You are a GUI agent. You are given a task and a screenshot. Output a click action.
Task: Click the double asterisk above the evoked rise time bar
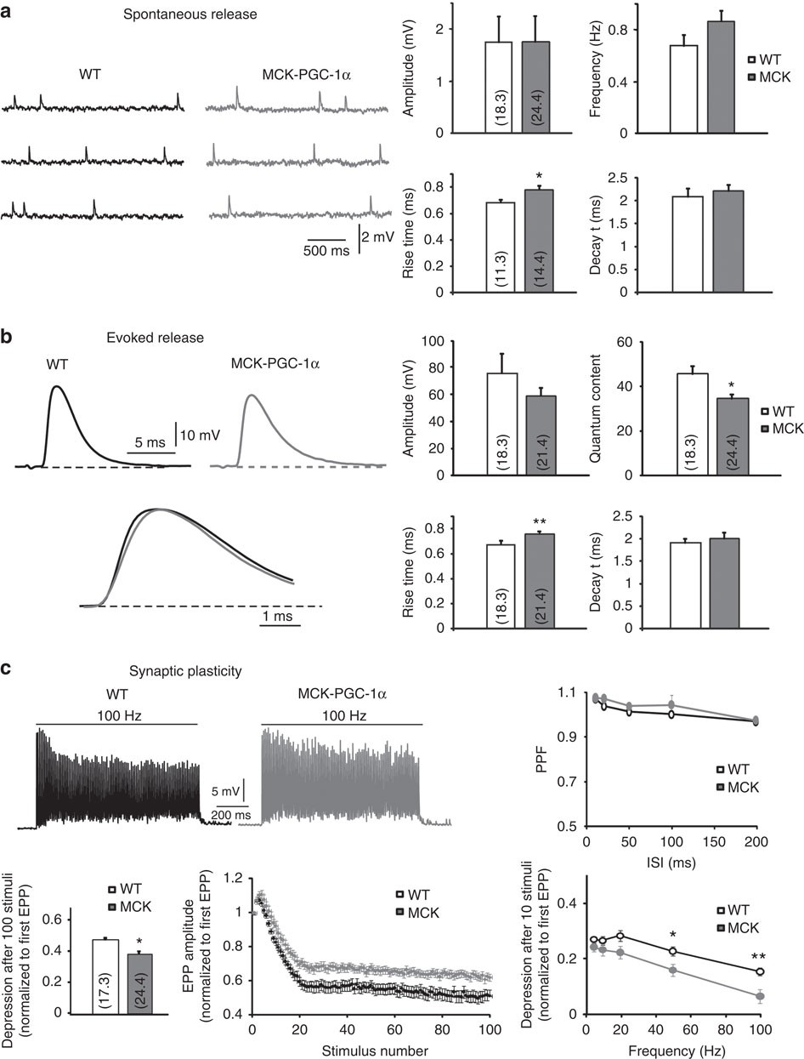tap(541, 521)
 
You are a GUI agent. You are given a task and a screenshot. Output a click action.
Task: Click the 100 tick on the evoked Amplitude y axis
tap(433, 341)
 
